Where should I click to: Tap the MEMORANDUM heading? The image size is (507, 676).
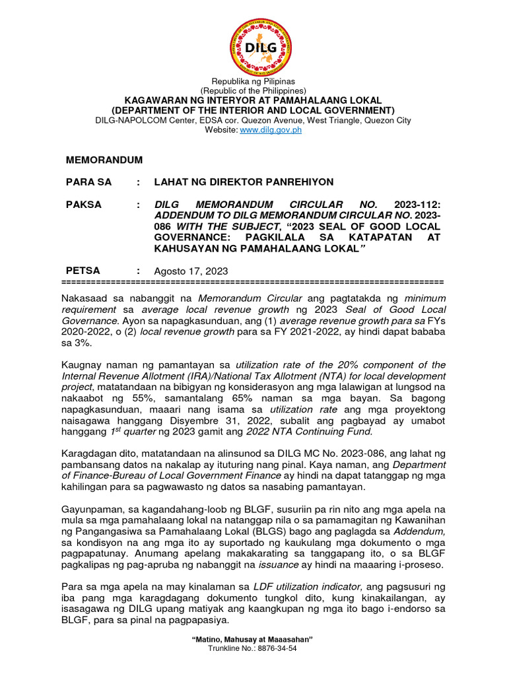[104, 160]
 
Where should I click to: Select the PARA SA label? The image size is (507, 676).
[88, 182]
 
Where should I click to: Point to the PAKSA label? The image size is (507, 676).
[84, 205]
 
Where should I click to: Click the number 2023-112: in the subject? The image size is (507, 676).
[417, 205]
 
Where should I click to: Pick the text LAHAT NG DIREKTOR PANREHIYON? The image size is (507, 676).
[244, 182]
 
